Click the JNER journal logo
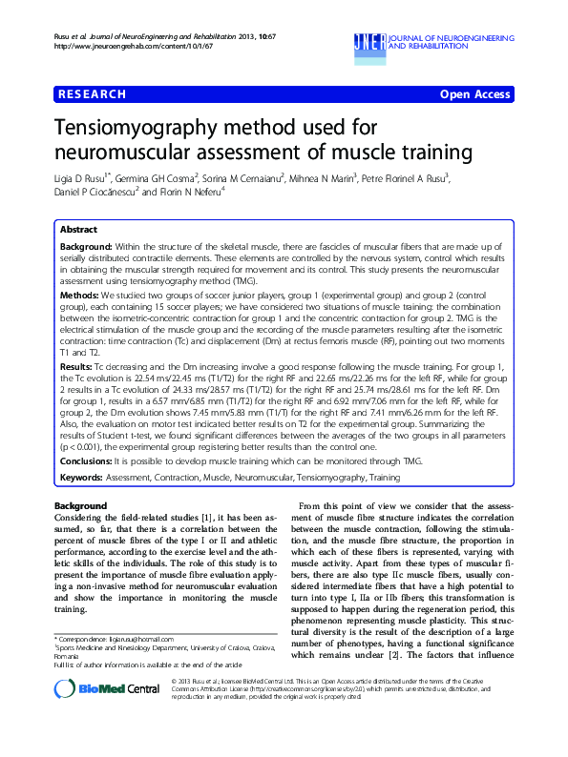[368, 41]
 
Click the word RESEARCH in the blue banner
[93, 94]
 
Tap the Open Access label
[475, 94]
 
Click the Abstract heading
[78, 231]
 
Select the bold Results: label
[76, 365]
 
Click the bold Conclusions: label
[89, 460]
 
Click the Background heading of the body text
[81, 505]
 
